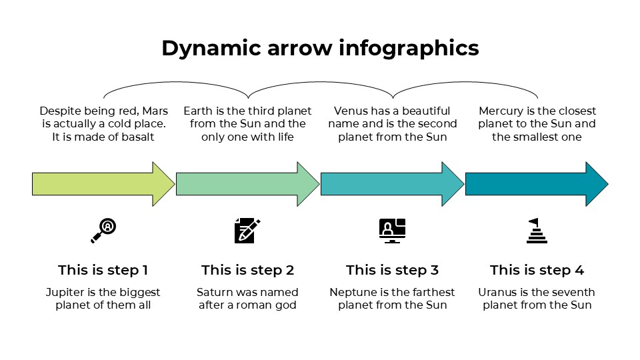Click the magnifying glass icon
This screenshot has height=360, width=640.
(x=103, y=230)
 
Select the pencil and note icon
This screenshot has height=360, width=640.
(x=247, y=230)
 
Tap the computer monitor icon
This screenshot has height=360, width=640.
(x=392, y=230)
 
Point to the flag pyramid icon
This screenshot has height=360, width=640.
(x=536, y=231)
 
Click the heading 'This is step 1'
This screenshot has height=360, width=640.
(x=103, y=270)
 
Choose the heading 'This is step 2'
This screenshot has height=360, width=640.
(x=247, y=270)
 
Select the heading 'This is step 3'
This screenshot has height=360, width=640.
(x=392, y=270)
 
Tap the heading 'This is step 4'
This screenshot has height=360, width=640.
(x=537, y=270)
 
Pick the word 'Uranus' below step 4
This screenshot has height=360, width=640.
(x=497, y=293)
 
